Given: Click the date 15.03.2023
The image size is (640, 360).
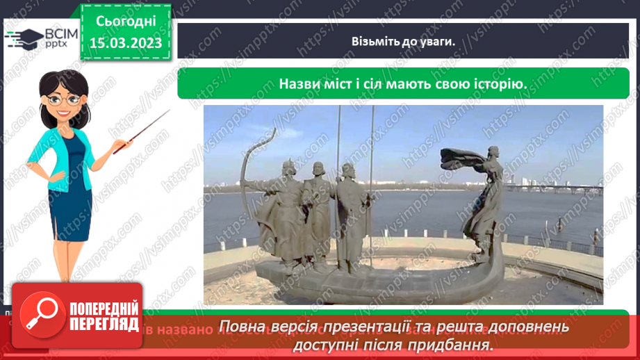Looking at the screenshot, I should [124, 43].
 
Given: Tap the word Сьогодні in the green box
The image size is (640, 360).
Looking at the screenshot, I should [124, 21].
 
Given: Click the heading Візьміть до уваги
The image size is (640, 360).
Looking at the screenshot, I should [402, 41].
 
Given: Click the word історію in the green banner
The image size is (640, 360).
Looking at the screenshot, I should [494, 83].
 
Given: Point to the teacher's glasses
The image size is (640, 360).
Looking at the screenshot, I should [63, 99].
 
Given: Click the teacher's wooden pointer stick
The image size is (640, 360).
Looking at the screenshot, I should [143, 129].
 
